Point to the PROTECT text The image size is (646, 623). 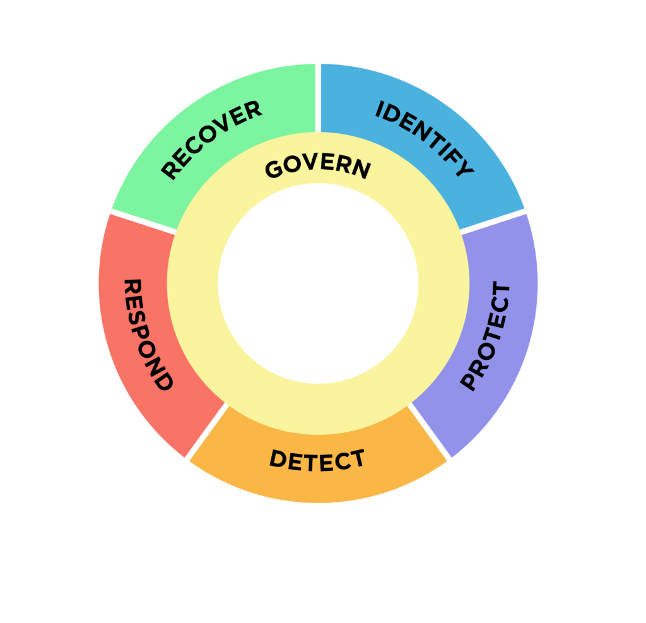click(485, 336)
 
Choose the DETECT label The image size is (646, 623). click(317, 460)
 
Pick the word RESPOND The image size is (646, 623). click(146, 335)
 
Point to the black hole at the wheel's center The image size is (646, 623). click(318, 283)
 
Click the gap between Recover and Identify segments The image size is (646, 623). click(318, 98)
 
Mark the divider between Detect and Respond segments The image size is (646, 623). click(206, 432)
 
